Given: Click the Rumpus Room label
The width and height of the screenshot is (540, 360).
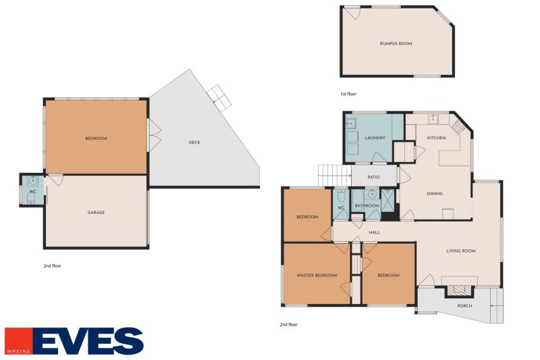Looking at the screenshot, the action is point(396,44).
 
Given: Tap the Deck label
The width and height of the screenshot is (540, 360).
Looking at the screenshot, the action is point(194,143).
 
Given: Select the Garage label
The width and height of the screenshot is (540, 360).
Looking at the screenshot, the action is point(96,213).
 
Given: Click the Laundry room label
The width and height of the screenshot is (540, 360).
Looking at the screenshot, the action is point(375,138).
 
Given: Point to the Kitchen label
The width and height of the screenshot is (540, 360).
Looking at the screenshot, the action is point(436,138).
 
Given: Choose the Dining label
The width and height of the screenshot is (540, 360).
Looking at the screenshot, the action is point(435,194).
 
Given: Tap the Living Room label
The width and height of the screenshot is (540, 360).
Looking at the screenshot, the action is point(461,251).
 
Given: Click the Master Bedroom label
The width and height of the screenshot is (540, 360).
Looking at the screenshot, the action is point(317,276).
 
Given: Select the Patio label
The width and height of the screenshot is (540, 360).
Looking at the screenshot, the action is point(373,177).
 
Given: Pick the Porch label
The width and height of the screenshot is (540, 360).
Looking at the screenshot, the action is point(464,305).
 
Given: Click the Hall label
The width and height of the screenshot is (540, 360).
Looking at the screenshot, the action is point(375,232).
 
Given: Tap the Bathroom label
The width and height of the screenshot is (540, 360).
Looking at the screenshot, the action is point(367,205).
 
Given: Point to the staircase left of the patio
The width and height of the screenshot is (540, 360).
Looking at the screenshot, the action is point(334,176).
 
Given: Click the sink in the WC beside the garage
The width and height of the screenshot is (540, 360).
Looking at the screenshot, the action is point(33,181).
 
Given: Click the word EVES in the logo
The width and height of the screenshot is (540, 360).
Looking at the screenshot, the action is point(89,341).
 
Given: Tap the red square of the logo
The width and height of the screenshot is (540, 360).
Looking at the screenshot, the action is point(18,341).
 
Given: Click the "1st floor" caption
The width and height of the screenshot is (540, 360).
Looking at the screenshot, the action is point(348,94).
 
